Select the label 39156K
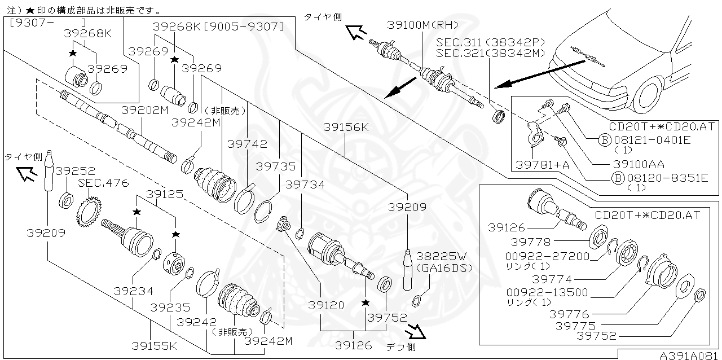pyautogui.click(x=346, y=128)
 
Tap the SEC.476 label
pyautogui.click(x=103, y=183)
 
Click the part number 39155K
pyautogui.click(x=155, y=345)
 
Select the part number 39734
pyautogui.click(x=305, y=184)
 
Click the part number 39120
pyautogui.click(x=326, y=305)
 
